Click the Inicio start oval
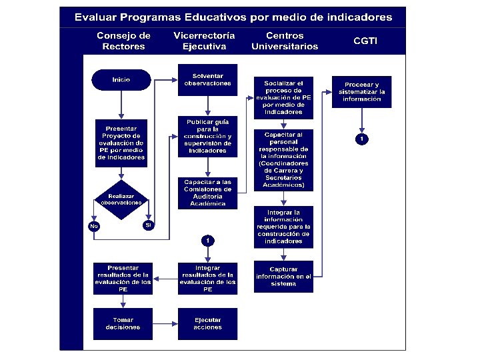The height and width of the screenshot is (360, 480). click(x=121, y=80)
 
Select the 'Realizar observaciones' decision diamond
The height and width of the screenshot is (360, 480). click(x=121, y=199)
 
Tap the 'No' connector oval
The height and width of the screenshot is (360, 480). click(x=93, y=227)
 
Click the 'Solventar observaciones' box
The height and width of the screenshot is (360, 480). click(x=207, y=79)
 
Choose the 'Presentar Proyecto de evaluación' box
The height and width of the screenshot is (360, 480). click(x=121, y=143)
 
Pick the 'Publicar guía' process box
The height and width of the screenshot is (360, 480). click(x=207, y=136)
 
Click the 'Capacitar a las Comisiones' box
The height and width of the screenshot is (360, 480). click(x=207, y=193)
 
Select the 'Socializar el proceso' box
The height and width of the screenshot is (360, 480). click(x=283, y=97)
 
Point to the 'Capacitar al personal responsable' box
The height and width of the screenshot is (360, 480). click(x=283, y=160)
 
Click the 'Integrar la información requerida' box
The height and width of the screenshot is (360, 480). click(x=283, y=227)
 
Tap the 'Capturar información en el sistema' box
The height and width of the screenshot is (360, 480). click(x=283, y=277)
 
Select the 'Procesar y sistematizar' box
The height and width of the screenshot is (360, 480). click(x=362, y=91)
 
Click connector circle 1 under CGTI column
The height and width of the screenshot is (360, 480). click(x=361, y=139)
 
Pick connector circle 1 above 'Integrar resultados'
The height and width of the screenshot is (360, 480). click(x=207, y=239)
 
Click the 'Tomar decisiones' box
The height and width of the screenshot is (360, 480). click(x=123, y=323)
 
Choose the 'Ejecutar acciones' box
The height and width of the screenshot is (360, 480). click(x=207, y=323)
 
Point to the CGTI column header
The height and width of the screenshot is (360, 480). click(x=365, y=41)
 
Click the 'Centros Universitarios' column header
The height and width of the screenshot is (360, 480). click(x=285, y=41)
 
